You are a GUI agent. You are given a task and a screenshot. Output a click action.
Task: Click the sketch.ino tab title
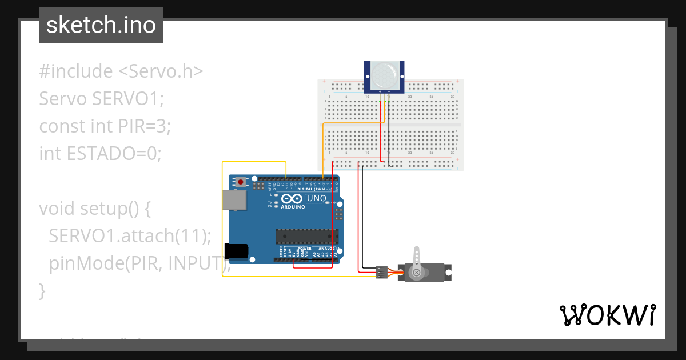[x=101, y=25]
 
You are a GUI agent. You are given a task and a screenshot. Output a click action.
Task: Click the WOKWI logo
[x=607, y=315]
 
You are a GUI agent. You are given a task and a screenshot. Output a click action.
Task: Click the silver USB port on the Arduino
[x=234, y=201]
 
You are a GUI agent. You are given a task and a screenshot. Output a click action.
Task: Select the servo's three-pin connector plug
[x=381, y=272]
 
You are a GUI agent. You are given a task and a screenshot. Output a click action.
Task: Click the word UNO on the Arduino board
[x=317, y=199]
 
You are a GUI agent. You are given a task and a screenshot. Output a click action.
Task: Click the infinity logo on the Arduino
[x=292, y=198]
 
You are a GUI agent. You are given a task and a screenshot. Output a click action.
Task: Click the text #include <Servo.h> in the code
[x=121, y=71]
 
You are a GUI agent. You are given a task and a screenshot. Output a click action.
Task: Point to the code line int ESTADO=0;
[x=101, y=153]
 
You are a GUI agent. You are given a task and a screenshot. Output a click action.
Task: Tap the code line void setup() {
[x=95, y=208]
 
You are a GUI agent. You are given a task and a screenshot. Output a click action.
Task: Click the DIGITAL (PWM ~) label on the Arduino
[x=314, y=189]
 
